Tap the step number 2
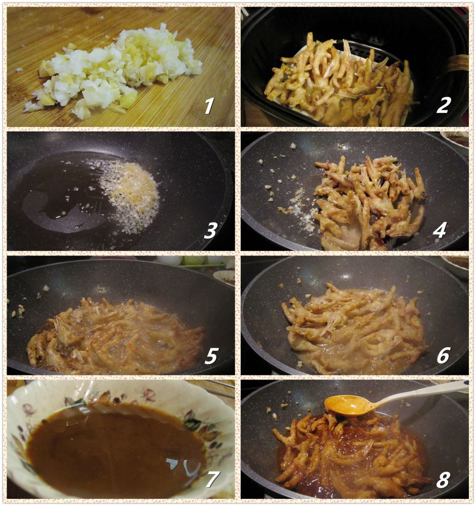443,105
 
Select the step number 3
210,230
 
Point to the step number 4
440,230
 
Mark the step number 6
443,355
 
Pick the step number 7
211,480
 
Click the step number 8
443,480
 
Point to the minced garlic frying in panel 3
131,197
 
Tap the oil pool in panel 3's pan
61,197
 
